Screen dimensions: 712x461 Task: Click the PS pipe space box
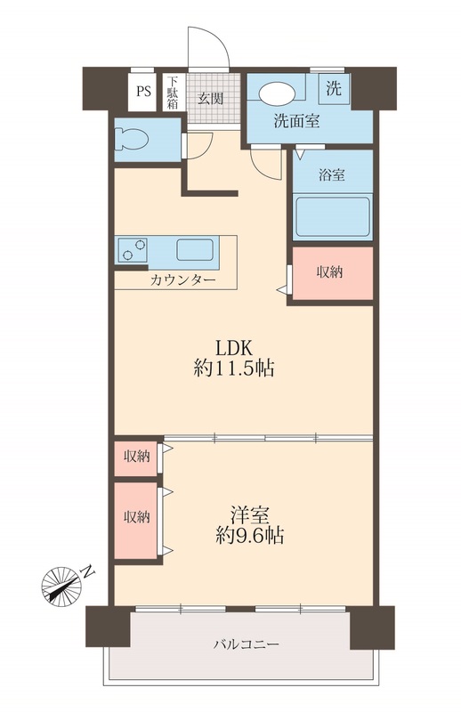click(143, 91)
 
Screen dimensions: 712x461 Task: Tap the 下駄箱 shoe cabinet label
click(173, 92)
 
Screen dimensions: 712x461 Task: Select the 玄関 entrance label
click(210, 98)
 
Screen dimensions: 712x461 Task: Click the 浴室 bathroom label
click(332, 175)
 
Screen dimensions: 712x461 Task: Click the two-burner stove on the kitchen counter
click(132, 249)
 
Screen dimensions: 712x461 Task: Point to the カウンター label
click(182, 279)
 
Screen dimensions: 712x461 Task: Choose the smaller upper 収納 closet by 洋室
click(136, 457)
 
